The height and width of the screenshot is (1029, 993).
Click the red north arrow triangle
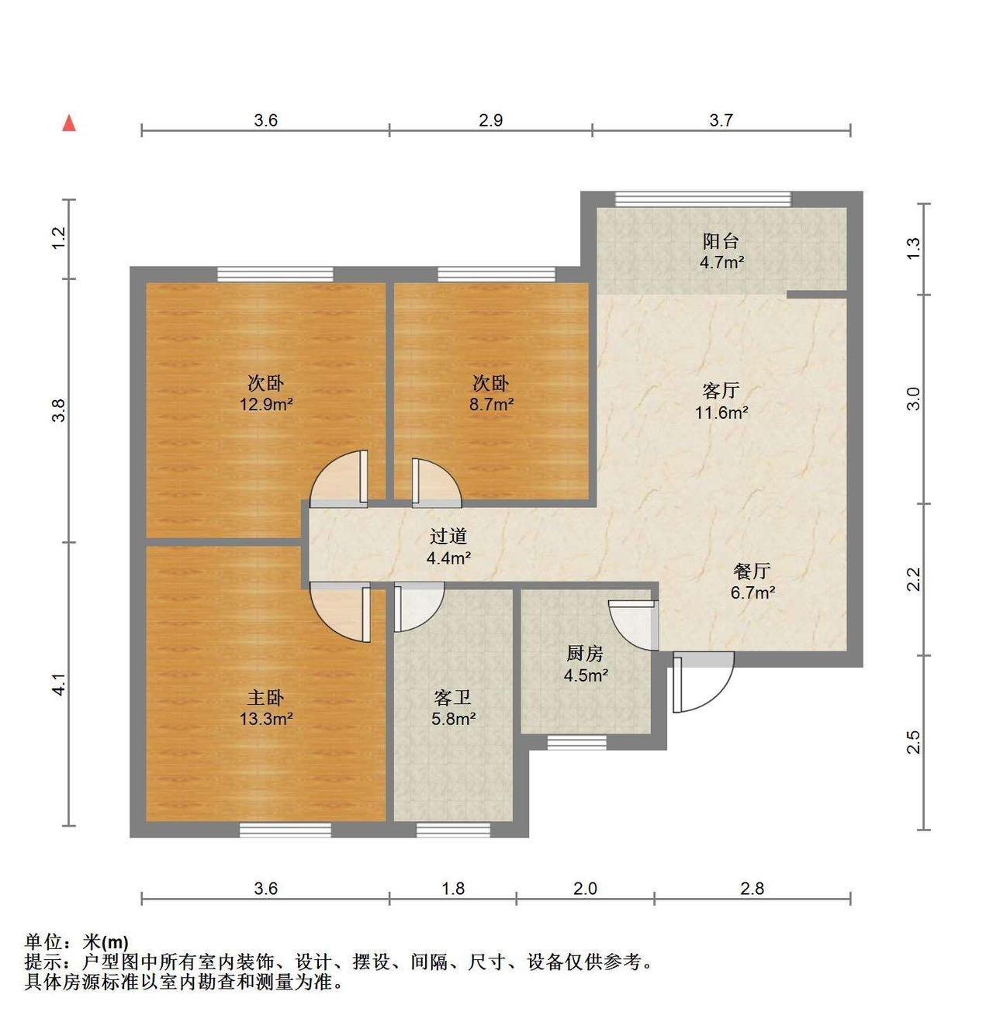(x=69, y=123)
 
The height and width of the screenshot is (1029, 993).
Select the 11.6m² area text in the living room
(x=721, y=413)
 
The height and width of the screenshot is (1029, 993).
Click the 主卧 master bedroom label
(x=265, y=697)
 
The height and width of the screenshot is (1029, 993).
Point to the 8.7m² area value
(x=491, y=405)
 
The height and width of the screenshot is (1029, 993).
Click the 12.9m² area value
(x=266, y=405)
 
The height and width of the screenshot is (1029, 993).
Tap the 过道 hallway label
(x=448, y=536)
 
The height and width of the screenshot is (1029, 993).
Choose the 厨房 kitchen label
(x=585, y=654)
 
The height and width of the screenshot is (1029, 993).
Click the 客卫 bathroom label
(x=453, y=697)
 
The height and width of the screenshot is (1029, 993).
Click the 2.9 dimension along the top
(x=491, y=120)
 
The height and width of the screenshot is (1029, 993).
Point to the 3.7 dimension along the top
(x=721, y=120)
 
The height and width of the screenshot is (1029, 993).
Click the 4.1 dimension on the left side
(x=59, y=684)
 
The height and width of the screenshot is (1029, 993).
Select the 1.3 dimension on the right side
(x=914, y=248)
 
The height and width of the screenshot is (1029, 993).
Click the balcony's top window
(x=703, y=199)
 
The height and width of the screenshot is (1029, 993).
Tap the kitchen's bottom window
(x=576, y=742)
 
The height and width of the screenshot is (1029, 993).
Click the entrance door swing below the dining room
(x=704, y=682)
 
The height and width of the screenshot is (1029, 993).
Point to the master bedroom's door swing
(x=340, y=613)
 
